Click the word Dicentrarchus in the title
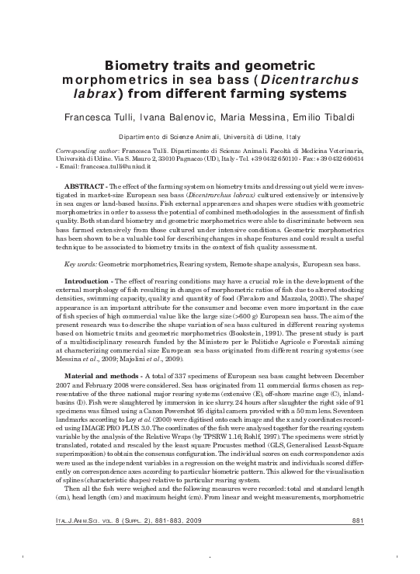point(310,80)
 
